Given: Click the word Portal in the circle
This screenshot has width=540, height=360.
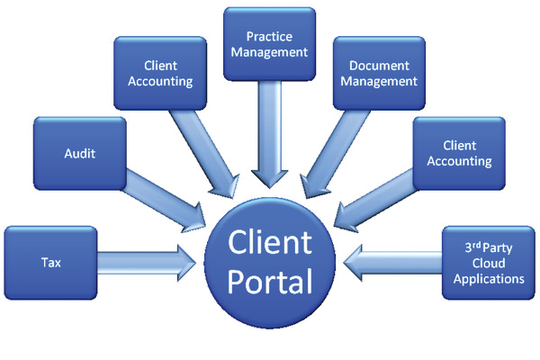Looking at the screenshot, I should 270,281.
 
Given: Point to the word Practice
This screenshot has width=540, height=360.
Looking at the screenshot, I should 269,37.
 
